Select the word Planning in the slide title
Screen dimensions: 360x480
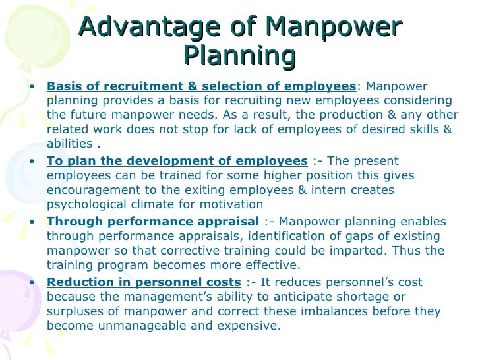point(239,56)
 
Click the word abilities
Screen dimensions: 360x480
point(68,144)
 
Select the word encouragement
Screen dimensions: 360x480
point(92,190)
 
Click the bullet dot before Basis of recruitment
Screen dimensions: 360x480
point(33,87)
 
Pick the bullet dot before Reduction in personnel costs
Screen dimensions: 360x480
point(33,283)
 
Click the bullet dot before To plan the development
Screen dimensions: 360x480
point(33,162)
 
